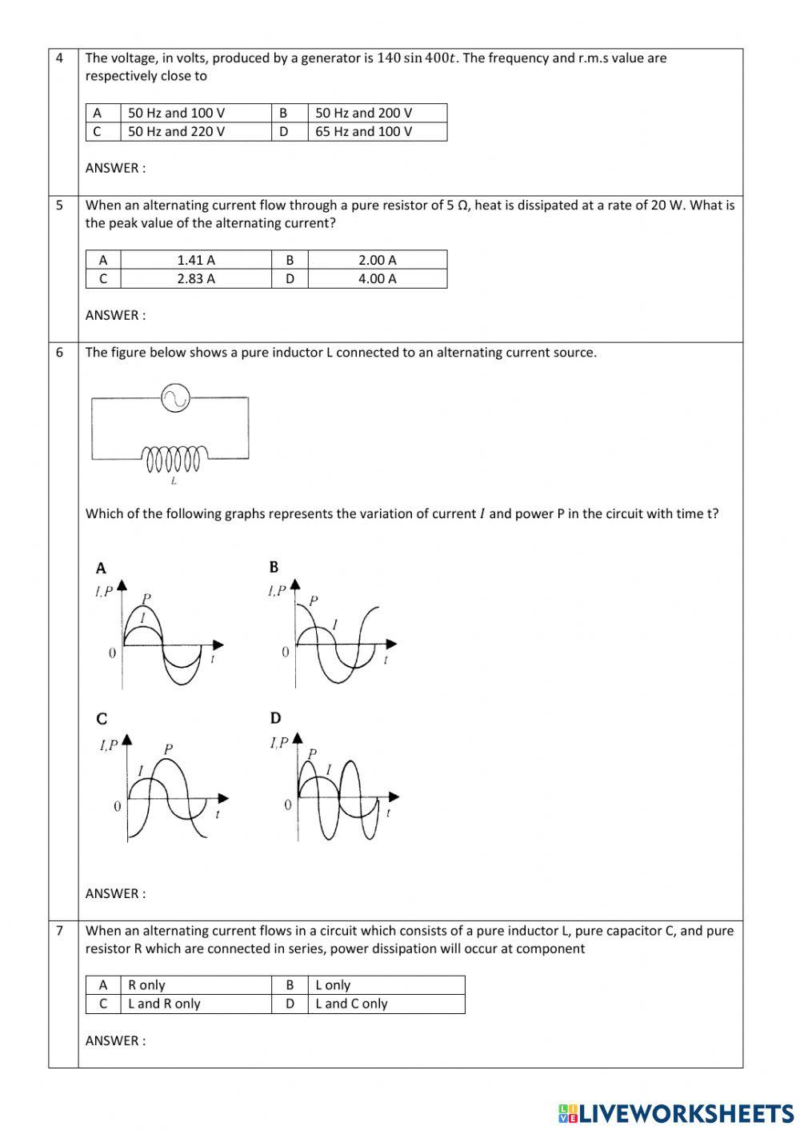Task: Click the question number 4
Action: pos(60,58)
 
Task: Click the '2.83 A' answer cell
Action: pos(196,278)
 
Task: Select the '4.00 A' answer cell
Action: pos(377,278)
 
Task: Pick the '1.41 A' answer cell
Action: pos(196,260)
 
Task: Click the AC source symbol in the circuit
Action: pos(174,397)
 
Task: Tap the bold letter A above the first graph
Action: pos(101,569)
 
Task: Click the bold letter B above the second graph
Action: pos(274,567)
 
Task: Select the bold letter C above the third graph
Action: pos(102,719)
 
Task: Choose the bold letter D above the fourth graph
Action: pos(275,718)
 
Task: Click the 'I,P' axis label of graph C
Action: pos(108,745)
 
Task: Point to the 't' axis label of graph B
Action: pos(386,661)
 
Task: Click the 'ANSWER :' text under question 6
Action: pos(115,893)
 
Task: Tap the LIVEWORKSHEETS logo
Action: pos(676,1113)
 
